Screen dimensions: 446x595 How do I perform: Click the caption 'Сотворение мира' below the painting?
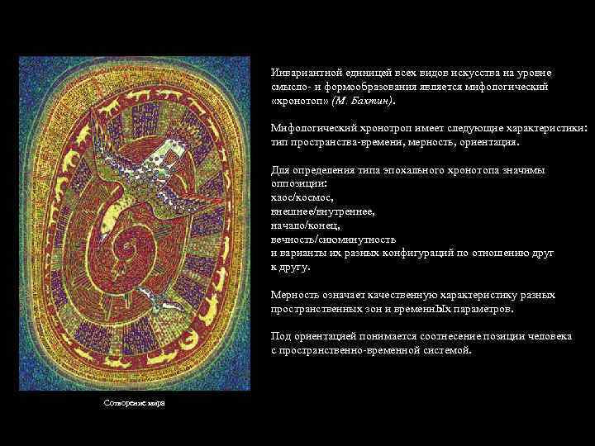click(x=134, y=402)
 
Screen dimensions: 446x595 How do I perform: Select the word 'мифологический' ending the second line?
click(x=507, y=86)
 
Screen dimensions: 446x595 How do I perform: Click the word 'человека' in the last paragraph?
click(x=550, y=337)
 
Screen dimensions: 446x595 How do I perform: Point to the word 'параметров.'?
click(x=506, y=309)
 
